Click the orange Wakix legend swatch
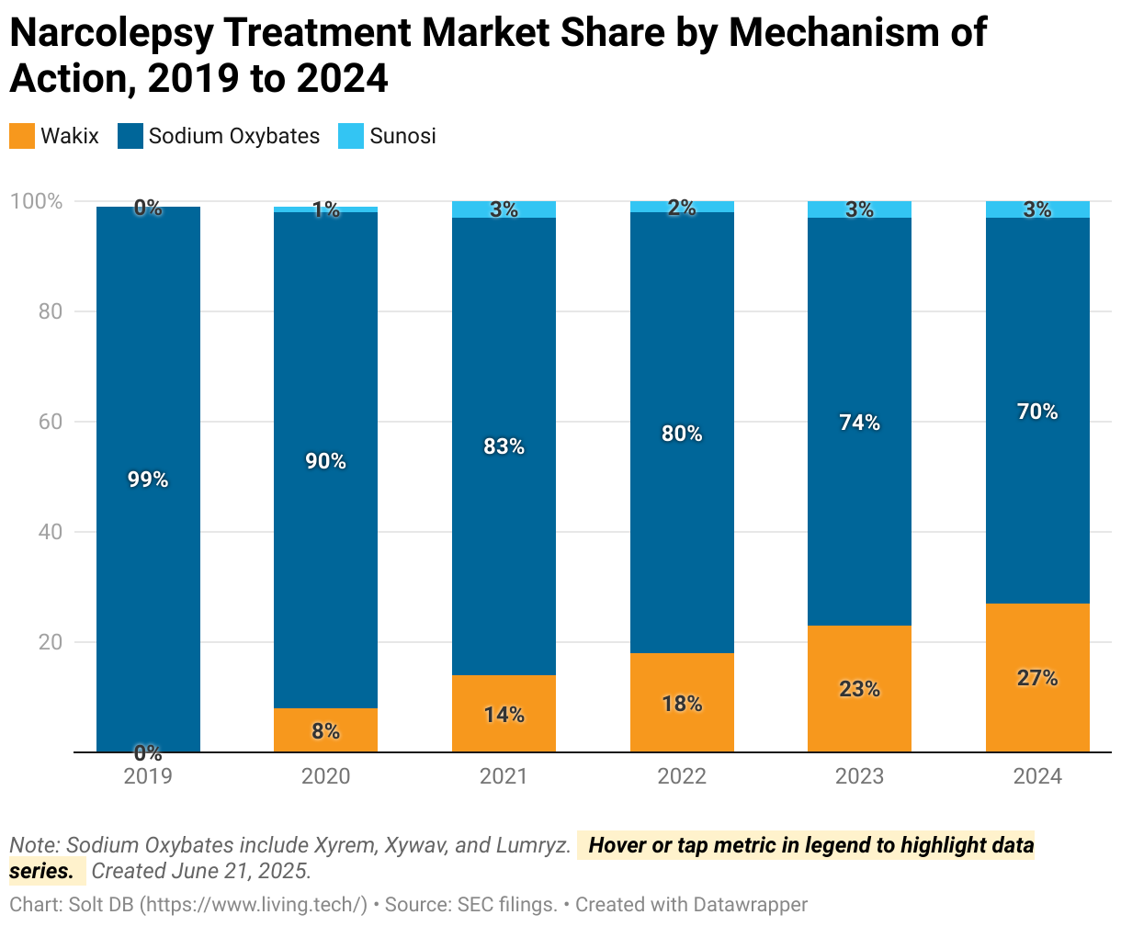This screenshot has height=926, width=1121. [x=22, y=137]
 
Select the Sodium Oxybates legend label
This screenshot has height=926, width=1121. [x=233, y=137]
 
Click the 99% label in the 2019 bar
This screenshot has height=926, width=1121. [x=148, y=480]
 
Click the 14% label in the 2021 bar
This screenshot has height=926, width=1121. [x=504, y=715]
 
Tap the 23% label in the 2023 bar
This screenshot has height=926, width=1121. [x=859, y=689]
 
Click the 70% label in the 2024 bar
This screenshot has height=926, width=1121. [x=1037, y=412]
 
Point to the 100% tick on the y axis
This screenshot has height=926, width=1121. [x=36, y=201]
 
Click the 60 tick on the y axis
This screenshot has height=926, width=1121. [x=50, y=422]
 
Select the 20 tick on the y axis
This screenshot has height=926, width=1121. [x=50, y=642]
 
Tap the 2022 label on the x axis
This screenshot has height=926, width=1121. [x=682, y=777]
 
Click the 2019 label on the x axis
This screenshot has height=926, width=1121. [x=148, y=777]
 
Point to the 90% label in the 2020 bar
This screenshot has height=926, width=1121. [x=325, y=461]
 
